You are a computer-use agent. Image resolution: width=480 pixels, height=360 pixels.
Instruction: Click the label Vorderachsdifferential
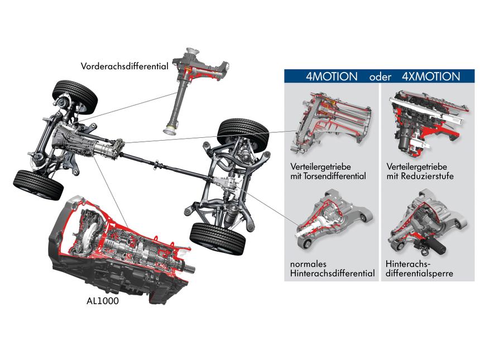coord(124,66)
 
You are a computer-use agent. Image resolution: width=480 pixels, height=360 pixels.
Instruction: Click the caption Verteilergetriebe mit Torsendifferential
coord(328,171)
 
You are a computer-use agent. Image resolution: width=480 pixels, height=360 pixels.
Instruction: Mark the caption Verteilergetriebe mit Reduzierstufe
coord(420,171)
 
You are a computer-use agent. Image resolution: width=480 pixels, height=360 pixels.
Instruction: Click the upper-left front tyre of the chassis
coord(75,96)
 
